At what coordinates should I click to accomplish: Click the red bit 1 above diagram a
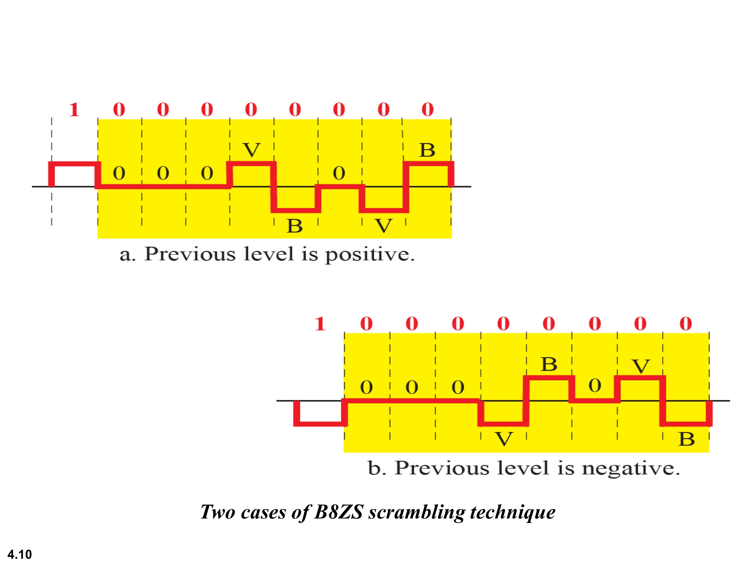pos(74,110)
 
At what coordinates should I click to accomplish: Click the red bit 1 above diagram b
pos(320,324)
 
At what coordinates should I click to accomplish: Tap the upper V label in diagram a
pos(252,150)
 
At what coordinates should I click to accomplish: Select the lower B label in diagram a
pos(294,226)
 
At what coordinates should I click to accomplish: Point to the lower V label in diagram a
pos(384,226)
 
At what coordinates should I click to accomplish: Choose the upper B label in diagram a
pos(427,150)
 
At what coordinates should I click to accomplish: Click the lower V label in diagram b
pos(504,439)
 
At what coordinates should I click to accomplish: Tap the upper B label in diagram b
pos(549,364)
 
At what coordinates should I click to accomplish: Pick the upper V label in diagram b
pos(641,366)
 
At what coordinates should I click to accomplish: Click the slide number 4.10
pos(19,554)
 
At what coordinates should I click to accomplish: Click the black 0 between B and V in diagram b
pos(595,386)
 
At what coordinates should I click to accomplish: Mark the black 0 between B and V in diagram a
pos(339,173)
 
